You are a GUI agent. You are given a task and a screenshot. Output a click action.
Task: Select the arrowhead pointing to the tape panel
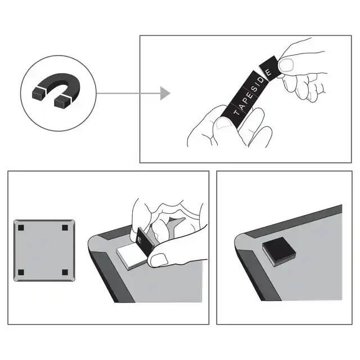coord(164,93)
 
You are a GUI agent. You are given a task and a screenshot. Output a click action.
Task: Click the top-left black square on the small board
coord(21,228)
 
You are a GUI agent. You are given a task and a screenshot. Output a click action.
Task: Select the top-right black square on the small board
coord(65,228)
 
